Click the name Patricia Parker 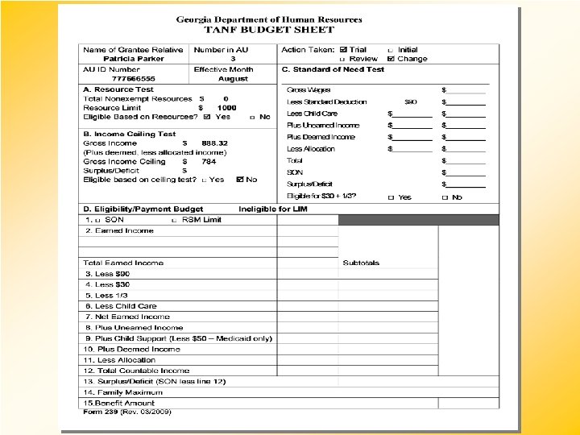point(134,59)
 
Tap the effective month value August point(233,79)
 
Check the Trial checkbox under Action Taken point(344,50)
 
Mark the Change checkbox point(391,59)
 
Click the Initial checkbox point(391,50)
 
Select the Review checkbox point(344,59)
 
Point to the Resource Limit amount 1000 point(226,107)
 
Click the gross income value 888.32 point(215,143)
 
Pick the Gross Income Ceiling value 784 point(209,161)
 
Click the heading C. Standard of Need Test point(333,69)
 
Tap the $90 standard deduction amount point(411,102)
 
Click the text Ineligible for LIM point(273,209)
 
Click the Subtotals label point(361,263)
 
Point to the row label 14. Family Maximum point(122,391)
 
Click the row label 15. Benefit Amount point(118,403)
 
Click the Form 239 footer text point(127,412)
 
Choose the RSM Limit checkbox point(175,220)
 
